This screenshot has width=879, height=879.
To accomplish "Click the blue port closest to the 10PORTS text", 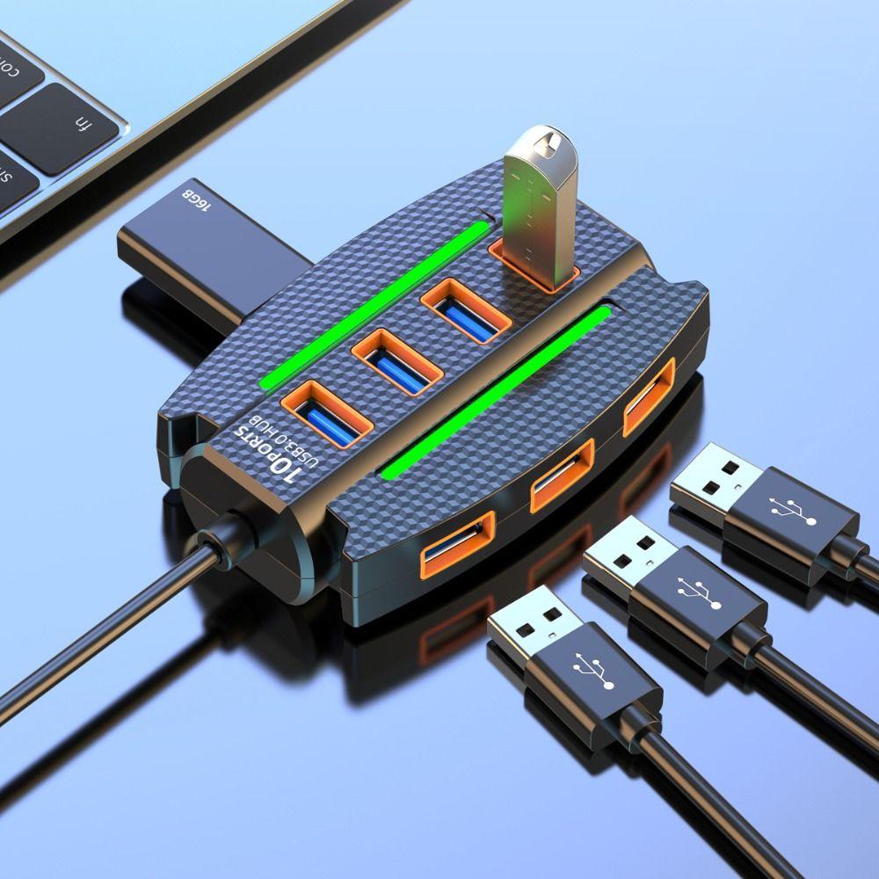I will coord(326,412).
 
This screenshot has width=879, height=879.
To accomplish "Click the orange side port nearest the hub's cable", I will coord(456,548).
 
